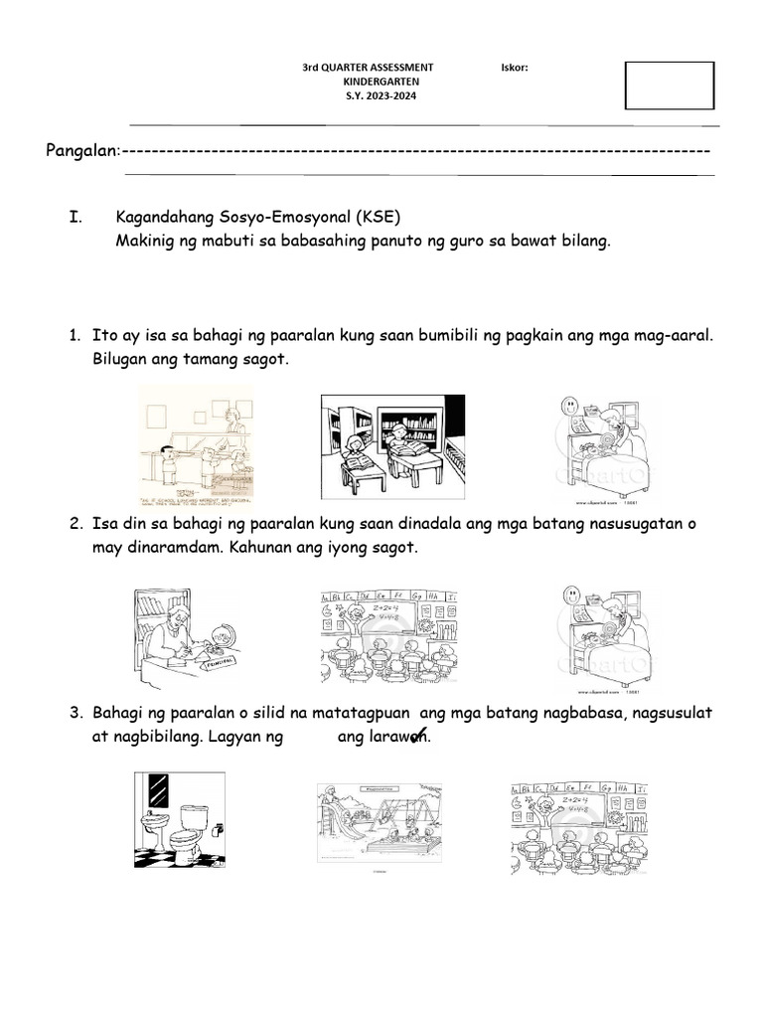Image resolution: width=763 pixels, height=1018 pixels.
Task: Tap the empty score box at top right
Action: [x=669, y=85]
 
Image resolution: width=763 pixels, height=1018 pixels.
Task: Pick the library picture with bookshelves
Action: [x=392, y=445]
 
